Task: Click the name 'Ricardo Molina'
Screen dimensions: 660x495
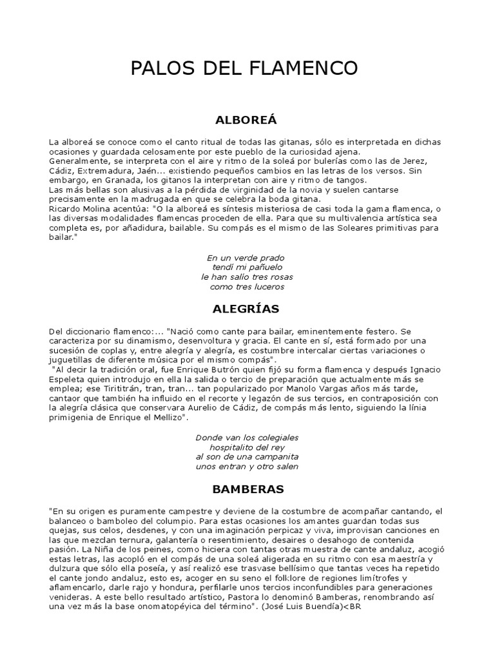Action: [x=76, y=209]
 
